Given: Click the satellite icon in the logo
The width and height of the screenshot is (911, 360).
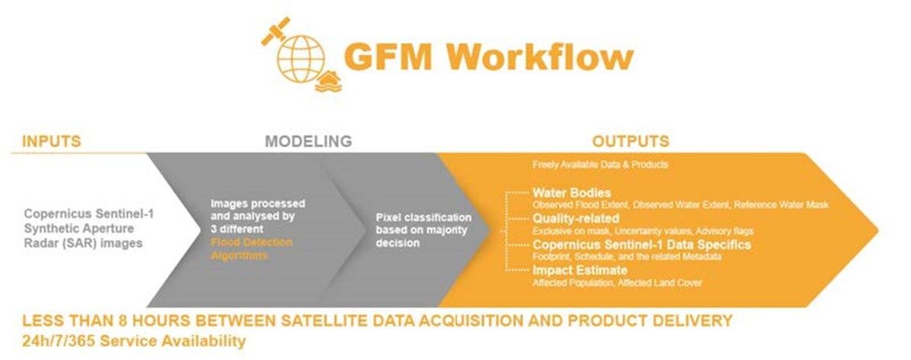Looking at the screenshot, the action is coord(275,31).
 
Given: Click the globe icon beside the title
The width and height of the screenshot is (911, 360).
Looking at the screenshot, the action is coord(300,57).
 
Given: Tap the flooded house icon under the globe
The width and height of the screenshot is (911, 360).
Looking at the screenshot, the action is coord(327,81).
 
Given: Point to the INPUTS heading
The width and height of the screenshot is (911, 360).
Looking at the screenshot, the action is coord(51,141).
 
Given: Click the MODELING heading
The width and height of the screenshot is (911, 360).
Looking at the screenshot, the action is coord(308,141).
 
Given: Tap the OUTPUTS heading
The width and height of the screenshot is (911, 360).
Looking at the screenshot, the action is coord(630,141).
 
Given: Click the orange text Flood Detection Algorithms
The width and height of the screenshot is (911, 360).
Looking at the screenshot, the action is coord(251,249).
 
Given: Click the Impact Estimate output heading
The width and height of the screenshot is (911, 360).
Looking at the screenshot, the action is coord(580,270).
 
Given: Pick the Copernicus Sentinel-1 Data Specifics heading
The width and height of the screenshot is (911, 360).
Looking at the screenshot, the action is coord(642,245).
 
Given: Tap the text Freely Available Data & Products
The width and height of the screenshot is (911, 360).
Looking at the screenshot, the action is coord(600,165).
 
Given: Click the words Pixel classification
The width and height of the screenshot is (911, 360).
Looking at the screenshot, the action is coord(423,217).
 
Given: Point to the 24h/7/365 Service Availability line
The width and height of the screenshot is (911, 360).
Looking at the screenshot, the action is coord(134,341).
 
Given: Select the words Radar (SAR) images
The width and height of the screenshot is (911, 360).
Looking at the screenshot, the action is coord(83,243).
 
